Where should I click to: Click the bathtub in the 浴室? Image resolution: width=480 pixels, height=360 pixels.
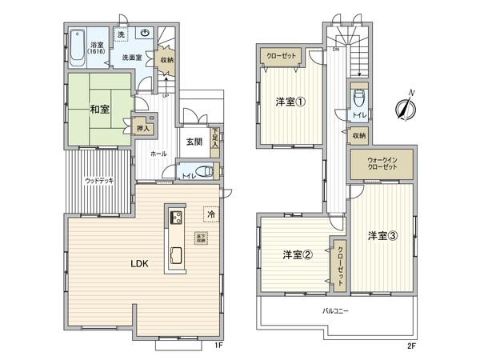pyautogui.click(x=78, y=42)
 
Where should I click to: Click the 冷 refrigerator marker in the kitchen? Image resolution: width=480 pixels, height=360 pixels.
pyautogui.click(x=210, y=214)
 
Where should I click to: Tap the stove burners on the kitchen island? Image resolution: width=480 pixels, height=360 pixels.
pyautogui.click(x=176, y=217)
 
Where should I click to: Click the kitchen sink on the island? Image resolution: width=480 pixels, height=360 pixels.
pyautogui.click(x=175, y=256)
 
